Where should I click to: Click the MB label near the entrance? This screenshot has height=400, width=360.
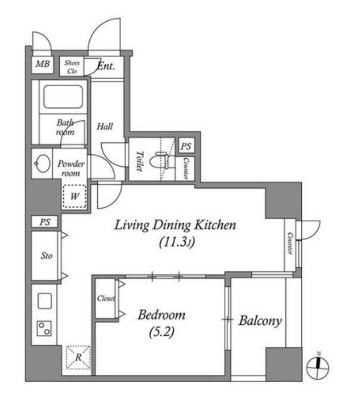point(42,63)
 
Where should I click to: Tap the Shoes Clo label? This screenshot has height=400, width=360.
point(72,67)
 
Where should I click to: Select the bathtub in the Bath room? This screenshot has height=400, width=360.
point(63,97)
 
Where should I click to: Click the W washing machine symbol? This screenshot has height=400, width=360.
point(75,196)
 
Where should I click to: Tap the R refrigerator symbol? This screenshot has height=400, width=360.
point(78,357)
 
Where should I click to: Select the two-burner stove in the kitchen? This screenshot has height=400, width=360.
point(44,329)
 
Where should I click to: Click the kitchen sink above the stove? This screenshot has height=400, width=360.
point(45,301)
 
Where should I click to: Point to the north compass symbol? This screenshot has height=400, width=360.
point(318,366)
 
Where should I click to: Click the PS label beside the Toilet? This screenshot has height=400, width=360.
point(186,146)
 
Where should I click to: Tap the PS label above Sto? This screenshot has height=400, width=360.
point(45,222)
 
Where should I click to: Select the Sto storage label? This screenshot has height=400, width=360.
point(46,256)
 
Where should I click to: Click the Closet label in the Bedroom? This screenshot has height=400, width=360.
point(106,298)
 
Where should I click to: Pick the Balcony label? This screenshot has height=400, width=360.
point(260,321)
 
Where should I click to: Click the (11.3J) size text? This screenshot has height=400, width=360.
point(177,242)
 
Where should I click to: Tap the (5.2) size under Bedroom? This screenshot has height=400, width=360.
point(162,332)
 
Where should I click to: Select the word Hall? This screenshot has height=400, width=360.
point(105,126)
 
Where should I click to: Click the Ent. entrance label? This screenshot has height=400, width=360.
point(106,66)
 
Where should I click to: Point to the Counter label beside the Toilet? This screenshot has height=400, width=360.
point(186,169)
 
